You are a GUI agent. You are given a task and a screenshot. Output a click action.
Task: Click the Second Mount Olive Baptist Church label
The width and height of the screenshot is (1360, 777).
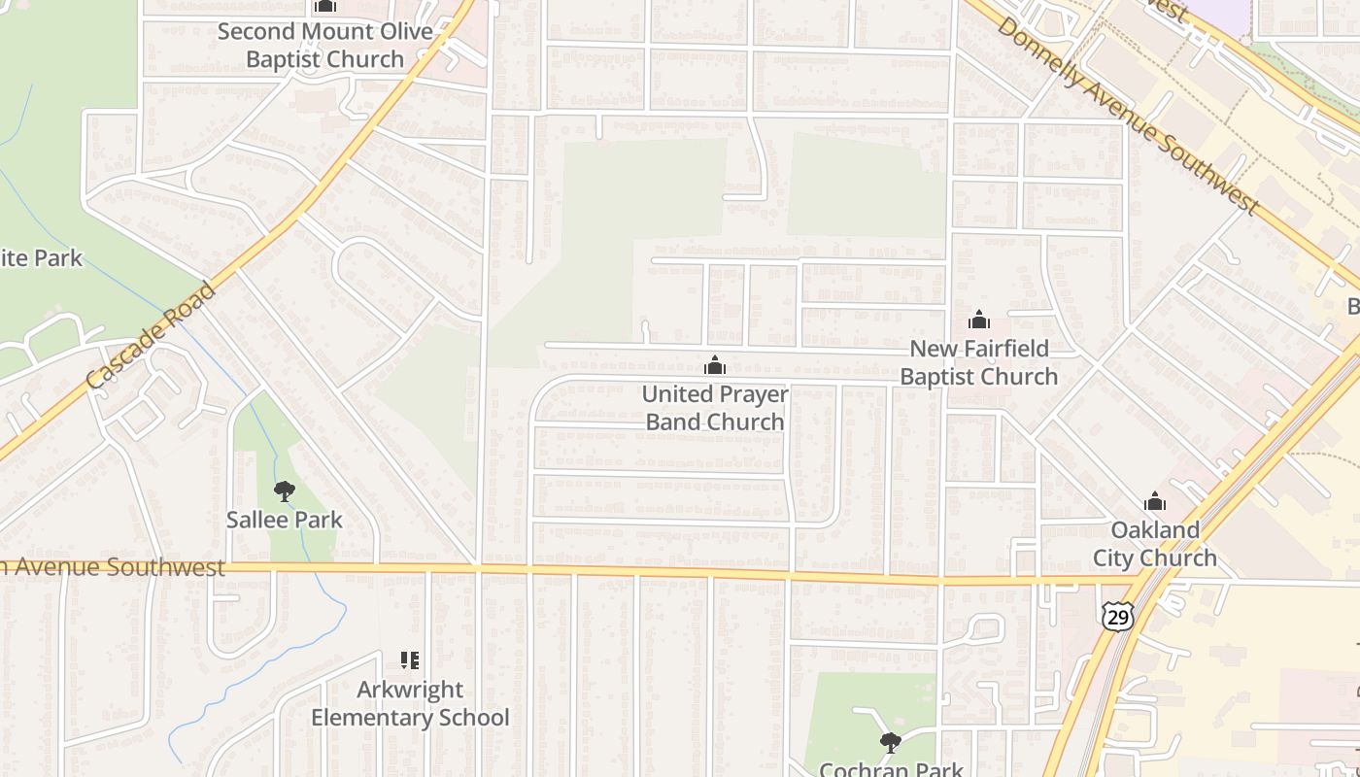click(324, 45)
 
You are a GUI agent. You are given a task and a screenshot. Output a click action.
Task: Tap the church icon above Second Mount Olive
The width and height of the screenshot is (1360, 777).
click(325, 7)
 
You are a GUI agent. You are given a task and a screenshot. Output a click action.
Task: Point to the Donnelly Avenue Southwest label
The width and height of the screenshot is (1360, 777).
click(1128, 116)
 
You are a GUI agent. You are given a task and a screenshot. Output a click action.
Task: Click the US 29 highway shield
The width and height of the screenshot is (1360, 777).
click(1116, 614)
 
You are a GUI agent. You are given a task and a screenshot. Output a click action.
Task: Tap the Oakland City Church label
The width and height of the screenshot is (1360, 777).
click(1155, 544)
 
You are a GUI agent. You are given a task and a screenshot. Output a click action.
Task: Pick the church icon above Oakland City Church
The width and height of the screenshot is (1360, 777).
click(1155, 501)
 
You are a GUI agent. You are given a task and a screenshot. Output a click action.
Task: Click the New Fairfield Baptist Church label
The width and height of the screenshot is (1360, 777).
click(978, 362)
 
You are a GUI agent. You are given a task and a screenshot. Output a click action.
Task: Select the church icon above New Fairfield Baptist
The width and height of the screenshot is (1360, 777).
click(979, 320)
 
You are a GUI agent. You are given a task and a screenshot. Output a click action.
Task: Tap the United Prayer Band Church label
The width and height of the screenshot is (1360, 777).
click(715, 408)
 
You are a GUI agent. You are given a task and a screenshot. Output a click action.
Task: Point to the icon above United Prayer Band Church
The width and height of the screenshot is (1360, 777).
click(715, 365)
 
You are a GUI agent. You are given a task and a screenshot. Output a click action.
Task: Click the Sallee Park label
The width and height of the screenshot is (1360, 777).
click(285, 520)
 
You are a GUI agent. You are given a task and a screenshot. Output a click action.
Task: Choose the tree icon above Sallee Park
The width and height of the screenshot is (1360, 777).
click(285, 491)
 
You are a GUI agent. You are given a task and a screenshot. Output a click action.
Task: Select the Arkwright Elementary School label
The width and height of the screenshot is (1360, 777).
click(410, 703)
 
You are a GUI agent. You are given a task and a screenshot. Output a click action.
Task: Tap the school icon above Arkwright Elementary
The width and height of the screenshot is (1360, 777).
click(410, 661)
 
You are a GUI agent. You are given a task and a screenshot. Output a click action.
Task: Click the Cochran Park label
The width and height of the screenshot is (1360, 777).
click(890, 768)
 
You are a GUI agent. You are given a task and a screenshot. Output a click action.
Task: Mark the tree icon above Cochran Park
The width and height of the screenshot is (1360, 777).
click(890, 743)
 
